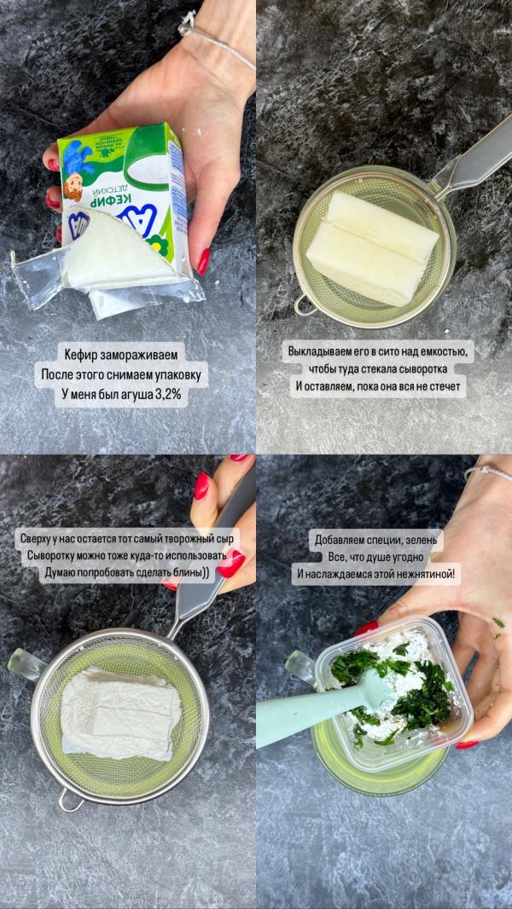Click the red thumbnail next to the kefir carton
click(x=203, y=262)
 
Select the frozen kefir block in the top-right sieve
click(x=372, y=248)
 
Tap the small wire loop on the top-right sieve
click(x=304, y=305)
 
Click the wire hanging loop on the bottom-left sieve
click(x=70, y=801)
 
